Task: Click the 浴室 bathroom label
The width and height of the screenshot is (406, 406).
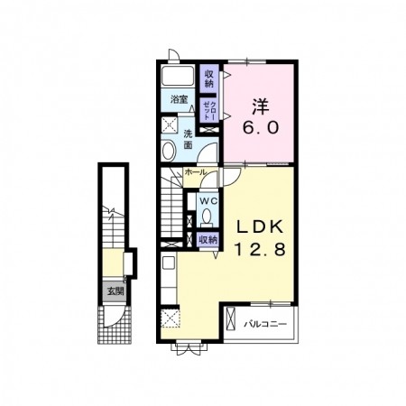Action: click(x=179, y=99)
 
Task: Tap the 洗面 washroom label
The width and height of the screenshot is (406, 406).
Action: click(x=189, y=139)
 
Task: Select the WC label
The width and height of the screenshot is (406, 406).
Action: click(x=208, y=201)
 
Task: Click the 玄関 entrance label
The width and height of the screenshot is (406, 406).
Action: click(x=115, y=291)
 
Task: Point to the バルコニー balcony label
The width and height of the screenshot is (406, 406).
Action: click(x=265, y=324)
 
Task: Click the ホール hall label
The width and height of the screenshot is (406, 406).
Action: click(x=196, y=172)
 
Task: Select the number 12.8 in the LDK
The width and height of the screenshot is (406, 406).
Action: click(x=260, y=250)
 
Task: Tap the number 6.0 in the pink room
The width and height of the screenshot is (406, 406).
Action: click(x=261, y=128)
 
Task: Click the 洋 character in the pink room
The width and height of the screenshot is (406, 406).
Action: click(x=261, y=107)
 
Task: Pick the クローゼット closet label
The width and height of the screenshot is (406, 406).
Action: click(x=209, y=111)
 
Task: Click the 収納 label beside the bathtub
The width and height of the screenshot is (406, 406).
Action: click(x=209, y=78)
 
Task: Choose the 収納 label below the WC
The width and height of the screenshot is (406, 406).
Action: click(x=208, y=240)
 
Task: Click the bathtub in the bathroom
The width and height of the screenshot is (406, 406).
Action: click(x=177, y=76)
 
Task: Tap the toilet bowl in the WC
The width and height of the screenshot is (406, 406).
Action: click(x=207, y=217)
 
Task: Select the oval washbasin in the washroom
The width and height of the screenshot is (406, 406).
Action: click(x=169, y=151)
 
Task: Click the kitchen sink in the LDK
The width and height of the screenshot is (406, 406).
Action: click(x=169, y=263)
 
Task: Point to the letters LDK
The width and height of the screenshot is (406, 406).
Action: click(x=260, y=227)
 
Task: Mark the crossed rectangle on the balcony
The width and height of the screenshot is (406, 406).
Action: click(x=231, y=318)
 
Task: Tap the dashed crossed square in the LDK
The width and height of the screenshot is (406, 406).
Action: click(x=171, y=318)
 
